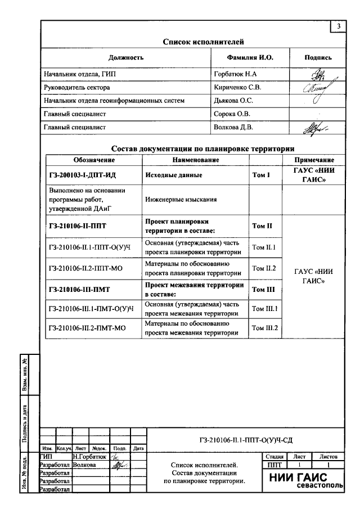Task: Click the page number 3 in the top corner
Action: pos(339,26)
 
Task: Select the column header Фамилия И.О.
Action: pos(250,57)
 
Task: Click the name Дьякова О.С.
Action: pos(233,101)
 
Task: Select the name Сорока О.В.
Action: pos(232,114)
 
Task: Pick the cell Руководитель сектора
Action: pos(77,87)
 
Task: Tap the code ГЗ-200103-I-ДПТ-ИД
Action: pos(82,175)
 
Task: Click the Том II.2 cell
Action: pos(264,268)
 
